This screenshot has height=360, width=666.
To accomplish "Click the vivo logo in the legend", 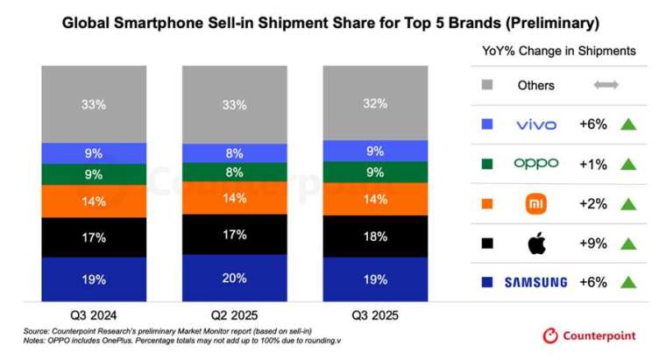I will (536, 125).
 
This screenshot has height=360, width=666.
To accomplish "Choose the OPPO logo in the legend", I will (536, 164).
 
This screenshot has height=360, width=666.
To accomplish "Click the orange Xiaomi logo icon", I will (536, 204).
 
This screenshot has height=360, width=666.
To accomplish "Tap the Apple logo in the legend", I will (536, 243).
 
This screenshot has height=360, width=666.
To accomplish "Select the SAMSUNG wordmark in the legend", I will (535, 282).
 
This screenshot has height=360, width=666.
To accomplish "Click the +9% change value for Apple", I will (594, 244).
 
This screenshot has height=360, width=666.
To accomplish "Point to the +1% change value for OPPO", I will (594, 165).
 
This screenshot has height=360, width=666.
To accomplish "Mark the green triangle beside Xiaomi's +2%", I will (627, 204).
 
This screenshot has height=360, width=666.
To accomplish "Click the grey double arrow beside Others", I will (606, 86).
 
